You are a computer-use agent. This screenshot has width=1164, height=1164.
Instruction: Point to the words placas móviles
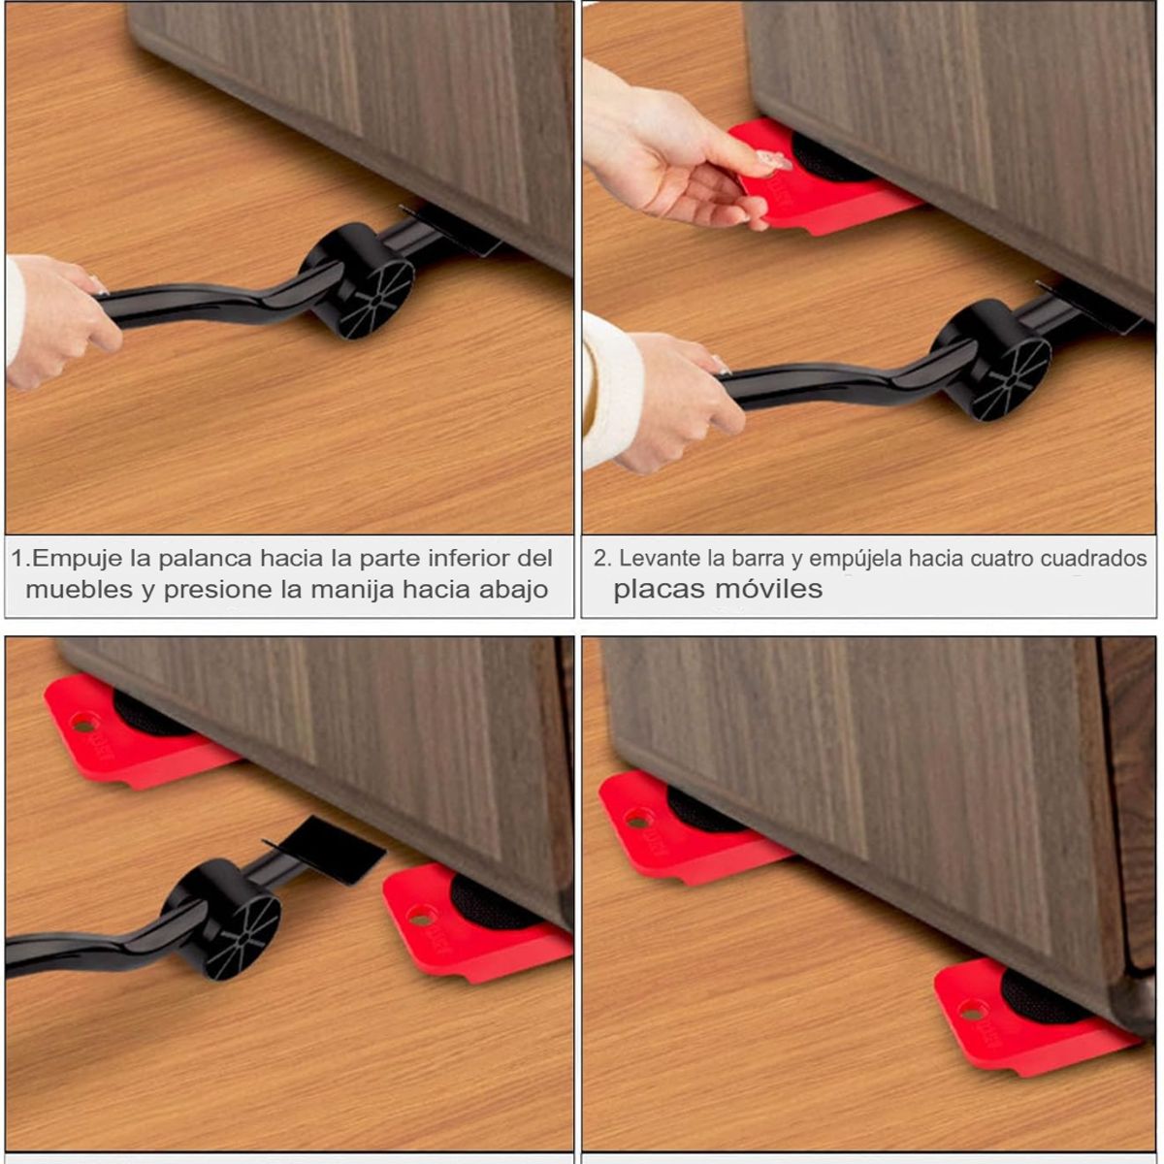click(x=717, y=589)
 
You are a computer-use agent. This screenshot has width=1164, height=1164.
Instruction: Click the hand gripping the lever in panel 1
click(x=58, y=320)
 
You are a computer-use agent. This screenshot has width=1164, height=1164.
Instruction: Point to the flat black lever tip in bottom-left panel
click(x=335, y=848)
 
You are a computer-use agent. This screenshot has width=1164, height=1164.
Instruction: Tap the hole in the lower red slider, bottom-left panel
click(x=420, y=915)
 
